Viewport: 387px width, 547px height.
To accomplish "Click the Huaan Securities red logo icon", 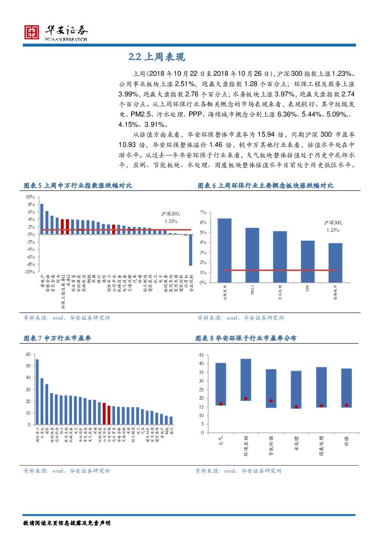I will (x=32, y=31).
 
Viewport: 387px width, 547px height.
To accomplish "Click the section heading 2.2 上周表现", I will (x=157, y=57).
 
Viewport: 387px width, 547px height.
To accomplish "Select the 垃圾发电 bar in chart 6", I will (x=225, y=250).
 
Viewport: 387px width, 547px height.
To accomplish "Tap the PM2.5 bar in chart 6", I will (x=252, y=255).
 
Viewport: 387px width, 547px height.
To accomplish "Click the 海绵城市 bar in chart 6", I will (x=335, y=263).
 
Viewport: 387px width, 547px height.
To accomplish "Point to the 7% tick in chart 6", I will (x=203, y=212).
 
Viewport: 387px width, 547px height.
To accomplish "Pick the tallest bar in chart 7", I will (x=37, y=392).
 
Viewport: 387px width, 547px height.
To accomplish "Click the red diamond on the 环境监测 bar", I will (x=246, y=398).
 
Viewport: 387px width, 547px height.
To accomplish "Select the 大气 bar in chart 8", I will (x=221, y=384).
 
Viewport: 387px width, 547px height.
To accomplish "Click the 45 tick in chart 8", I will (x=200, y=355).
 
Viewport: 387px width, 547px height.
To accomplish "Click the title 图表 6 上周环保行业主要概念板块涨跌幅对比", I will (x=265, y=186).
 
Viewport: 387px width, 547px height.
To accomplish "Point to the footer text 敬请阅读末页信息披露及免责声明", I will (x=67, y=522).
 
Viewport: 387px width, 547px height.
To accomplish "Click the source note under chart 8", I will (x=239, y=471).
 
